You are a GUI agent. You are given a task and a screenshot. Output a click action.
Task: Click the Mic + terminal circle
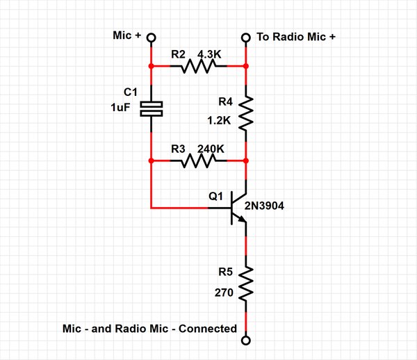click(x=152, y=38)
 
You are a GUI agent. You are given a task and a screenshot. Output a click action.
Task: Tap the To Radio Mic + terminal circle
click(x=246, y=38)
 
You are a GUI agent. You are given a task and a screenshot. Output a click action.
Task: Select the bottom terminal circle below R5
click(x=246, y=341)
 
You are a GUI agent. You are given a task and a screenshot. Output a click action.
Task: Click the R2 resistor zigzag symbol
click(x=198, y=66)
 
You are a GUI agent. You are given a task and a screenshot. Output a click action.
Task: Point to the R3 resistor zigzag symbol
click(x=198, y=161)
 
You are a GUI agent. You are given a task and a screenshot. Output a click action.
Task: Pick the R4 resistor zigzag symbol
click(x=246, y=113)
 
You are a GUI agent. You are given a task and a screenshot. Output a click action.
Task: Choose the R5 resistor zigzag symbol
click(x=246, y=284)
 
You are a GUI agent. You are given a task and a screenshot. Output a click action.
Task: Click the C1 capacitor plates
click(x=152, y=108)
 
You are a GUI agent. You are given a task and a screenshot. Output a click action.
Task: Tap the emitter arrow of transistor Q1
click(x=242, y=219)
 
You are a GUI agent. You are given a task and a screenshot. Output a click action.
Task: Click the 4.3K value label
click(x=209, y=54)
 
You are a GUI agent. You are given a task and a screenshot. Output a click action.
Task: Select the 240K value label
click(x=211, y=149)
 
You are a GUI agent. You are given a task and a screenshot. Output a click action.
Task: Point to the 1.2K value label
click(x=219, y=121)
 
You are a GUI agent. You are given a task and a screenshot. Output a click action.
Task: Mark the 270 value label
click(x=224, y=293)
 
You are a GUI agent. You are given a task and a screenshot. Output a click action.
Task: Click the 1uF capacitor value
click(x=120, y=108)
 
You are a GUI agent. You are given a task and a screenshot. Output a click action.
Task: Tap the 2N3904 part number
click(x=264, y=206)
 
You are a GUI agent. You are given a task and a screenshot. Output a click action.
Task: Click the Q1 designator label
click(x=215, y=196)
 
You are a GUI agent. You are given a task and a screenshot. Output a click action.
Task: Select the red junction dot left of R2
click(x=152, y=66)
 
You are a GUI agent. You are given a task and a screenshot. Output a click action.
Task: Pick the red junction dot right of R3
click(x=246, y=161)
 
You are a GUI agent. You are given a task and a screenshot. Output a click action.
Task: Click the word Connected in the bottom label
click(x=208, y=329)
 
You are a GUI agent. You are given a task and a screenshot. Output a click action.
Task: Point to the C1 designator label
click(x=131, y=92)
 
